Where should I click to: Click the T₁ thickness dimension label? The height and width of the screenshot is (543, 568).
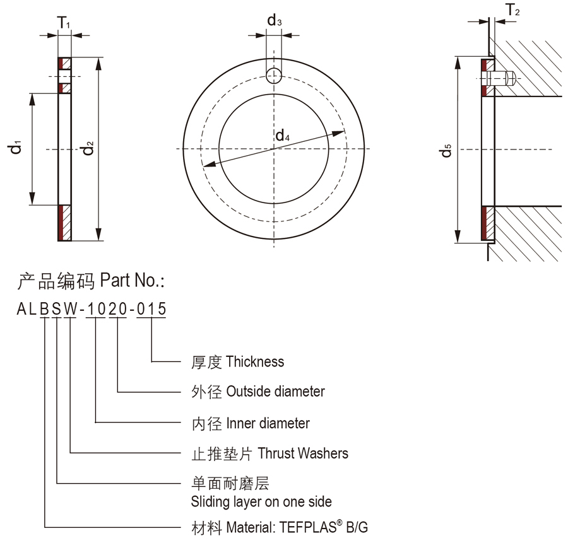[64, 23]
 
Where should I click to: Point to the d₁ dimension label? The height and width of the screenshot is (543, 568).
[16, 149]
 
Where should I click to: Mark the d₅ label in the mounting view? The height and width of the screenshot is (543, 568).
[446, 151]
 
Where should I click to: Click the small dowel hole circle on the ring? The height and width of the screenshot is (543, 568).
[273, 76]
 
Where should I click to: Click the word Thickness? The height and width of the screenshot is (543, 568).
[255, 362]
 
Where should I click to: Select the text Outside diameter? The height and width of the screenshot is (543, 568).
[275, 392]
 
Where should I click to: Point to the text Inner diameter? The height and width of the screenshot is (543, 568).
[268, 423]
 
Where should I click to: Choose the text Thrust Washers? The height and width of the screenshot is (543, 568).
[303, 453]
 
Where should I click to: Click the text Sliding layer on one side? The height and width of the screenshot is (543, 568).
[261, 502]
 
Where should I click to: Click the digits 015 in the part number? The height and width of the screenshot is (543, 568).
[151, 309]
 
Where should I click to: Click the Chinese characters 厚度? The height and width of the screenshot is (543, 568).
[206, 362]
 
